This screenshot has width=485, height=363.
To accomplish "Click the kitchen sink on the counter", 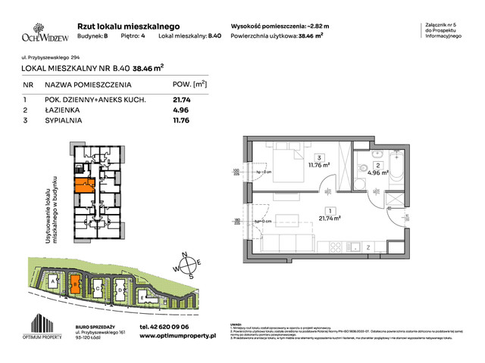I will (353, 246).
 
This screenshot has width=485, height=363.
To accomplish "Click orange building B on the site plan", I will (76, 284).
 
